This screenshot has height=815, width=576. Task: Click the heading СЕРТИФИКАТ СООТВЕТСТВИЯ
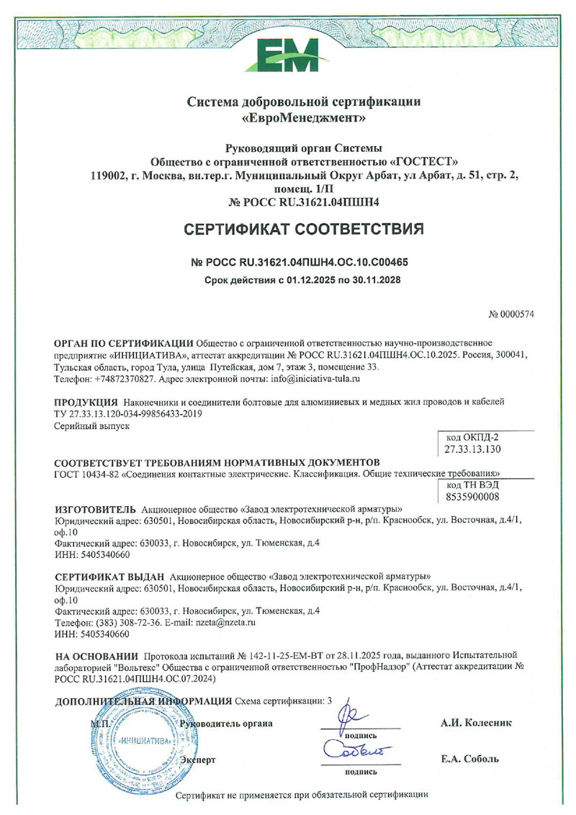(x=288, y=230)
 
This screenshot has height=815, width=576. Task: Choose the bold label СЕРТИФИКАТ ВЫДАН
(x=109, y=577)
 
